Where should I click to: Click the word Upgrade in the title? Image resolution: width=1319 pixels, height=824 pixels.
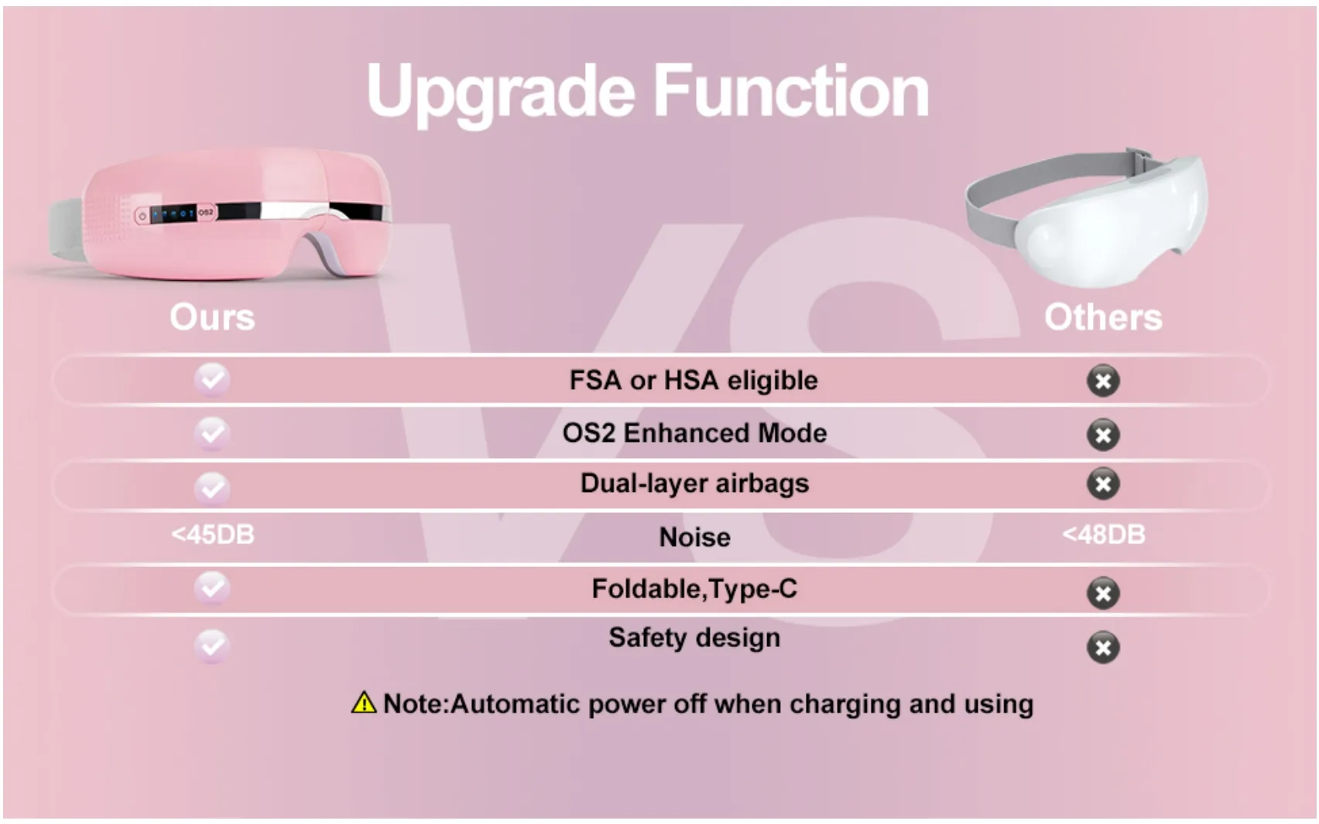pos(500,92)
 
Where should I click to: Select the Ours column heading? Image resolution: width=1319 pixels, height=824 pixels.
pos(212,317)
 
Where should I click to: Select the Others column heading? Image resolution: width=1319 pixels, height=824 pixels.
pos(1103,317)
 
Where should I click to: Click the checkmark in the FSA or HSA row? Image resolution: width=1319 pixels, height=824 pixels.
pos(212,379)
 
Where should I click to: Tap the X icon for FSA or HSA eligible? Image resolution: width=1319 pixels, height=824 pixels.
pos(1103,381)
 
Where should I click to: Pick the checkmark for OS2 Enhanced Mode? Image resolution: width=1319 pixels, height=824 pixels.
pos(212,433)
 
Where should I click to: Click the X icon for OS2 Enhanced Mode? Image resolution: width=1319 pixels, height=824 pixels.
pos(1103,435)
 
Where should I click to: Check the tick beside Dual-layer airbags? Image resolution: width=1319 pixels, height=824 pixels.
pos(212,487)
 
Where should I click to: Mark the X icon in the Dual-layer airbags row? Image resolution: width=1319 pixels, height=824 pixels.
pos(1103,484)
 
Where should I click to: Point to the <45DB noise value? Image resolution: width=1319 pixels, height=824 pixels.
pos(213,535)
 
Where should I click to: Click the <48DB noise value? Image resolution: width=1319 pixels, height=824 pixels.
pos(1103,535)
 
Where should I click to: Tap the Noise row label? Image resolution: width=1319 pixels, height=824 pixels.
pos(694,537)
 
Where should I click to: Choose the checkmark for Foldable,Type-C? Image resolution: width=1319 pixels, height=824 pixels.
pos(212,587)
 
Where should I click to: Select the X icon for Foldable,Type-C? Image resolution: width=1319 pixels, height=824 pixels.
pos(1103,593)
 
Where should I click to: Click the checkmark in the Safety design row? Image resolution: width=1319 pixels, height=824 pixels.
pos(212,644)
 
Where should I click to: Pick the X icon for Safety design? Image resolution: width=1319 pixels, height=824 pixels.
pos(1103,648)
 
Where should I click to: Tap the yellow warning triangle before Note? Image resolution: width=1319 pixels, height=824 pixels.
pos(363,703)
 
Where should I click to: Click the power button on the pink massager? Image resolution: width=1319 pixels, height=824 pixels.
pos(142,216)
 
